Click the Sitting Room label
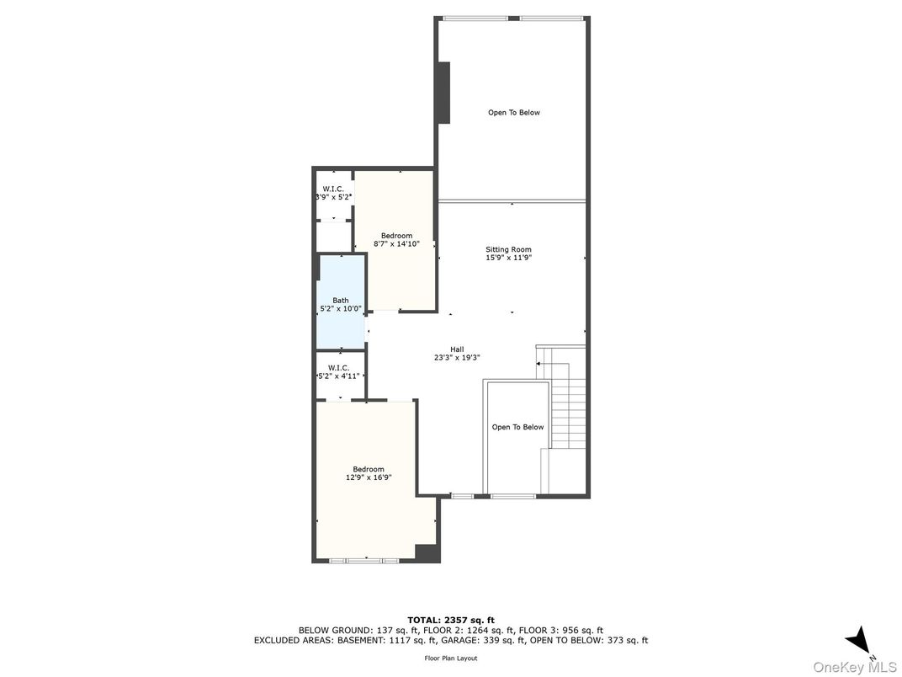point(508,250)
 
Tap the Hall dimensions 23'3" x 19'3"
point(458,358)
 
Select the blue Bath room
point(341,301)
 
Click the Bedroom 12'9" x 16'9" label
point(369,473)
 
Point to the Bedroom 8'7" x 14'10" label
point(397,239)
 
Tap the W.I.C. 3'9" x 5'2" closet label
point(333,193)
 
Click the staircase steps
point(568,405)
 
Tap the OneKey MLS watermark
point(855,668)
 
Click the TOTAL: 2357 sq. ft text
point(451,620)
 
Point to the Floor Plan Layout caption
point(451,658)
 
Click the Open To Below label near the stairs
point(517,427)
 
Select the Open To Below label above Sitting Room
point(514,113)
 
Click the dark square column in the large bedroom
point(427,552)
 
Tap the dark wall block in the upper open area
point(443,93)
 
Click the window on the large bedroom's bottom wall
point(364,560)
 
